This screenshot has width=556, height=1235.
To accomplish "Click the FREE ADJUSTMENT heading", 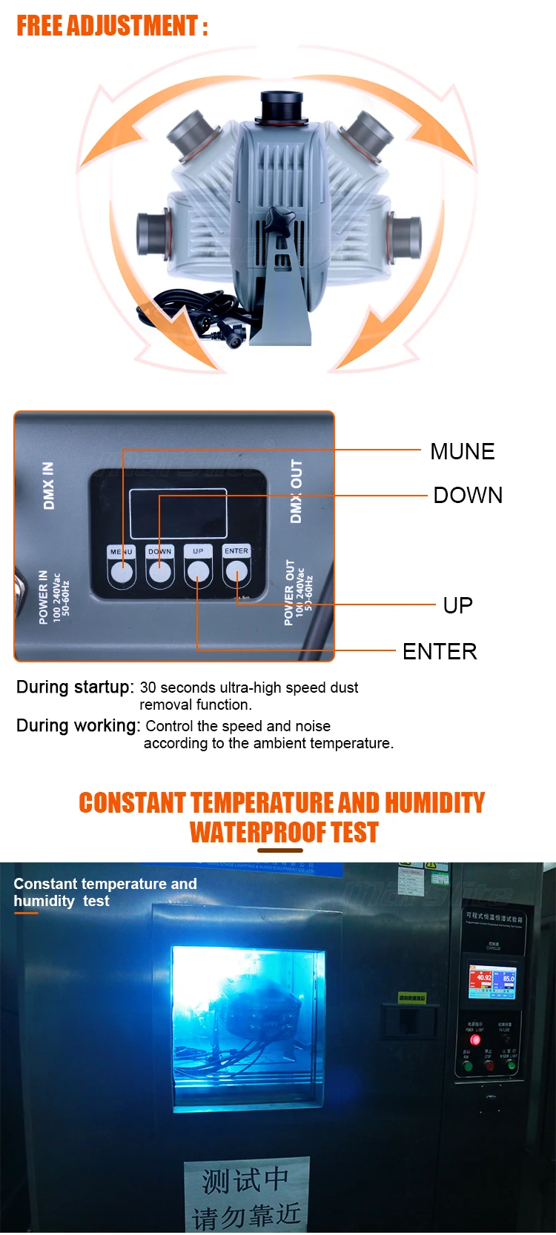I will coord(112,26).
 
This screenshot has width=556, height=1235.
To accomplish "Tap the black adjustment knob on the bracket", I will coord(281,221).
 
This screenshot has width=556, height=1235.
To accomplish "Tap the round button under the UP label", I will coord(198,571).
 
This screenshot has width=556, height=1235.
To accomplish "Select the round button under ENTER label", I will coord(236,571).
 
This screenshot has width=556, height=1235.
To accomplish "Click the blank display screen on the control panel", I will coord(178,513).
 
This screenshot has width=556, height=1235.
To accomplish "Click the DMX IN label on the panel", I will coord(49,486).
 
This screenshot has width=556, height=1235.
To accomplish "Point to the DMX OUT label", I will coord(297,491).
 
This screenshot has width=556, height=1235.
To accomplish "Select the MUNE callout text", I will coord(462,451).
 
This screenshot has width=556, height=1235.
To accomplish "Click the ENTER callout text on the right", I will coord(440,651).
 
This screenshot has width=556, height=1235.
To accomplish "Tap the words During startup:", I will coord(75,687).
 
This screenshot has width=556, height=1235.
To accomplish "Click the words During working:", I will coord(78,725).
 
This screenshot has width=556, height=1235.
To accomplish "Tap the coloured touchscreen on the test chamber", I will coord(492,982).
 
